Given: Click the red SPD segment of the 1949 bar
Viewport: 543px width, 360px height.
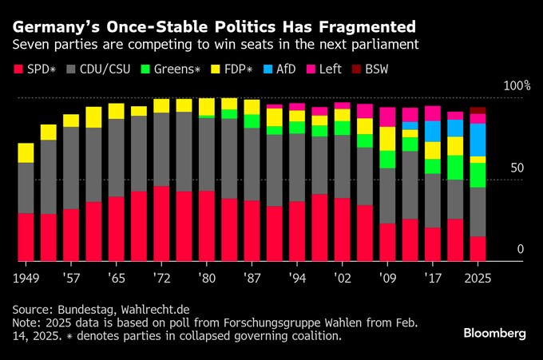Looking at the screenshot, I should pos(26,237).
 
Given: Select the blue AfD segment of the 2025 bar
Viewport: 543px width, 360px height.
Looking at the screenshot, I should pos(478,140).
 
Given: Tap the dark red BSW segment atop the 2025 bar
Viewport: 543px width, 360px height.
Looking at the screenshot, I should pos(478,110).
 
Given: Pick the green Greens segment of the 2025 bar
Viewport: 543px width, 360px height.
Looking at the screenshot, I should pos(478,175).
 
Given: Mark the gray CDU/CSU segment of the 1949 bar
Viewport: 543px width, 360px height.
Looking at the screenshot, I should pos(26,188).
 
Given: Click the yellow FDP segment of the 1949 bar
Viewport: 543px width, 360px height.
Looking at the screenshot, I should pos(26,153).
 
